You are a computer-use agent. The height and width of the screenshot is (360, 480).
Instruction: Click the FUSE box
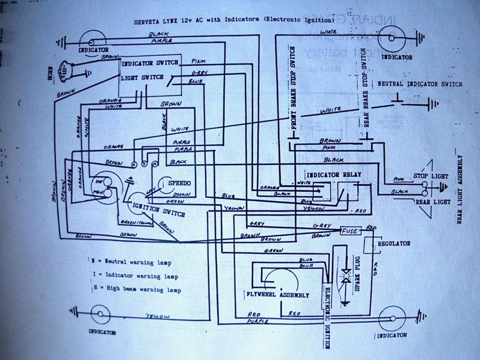click(349, 231)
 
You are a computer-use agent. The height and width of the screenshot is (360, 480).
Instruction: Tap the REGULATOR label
click(394, 244)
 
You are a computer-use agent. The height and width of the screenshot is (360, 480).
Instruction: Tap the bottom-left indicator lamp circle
click(100, 315)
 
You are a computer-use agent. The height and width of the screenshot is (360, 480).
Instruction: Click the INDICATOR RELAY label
click(333, 174)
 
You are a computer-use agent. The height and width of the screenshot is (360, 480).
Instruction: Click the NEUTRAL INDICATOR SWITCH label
click(420, 84)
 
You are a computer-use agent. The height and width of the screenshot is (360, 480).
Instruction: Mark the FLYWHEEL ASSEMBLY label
click(277, 295)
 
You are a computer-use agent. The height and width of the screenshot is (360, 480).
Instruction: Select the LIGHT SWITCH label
click(142, 77)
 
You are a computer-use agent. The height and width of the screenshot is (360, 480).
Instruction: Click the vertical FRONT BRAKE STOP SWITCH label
click(292, 87)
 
